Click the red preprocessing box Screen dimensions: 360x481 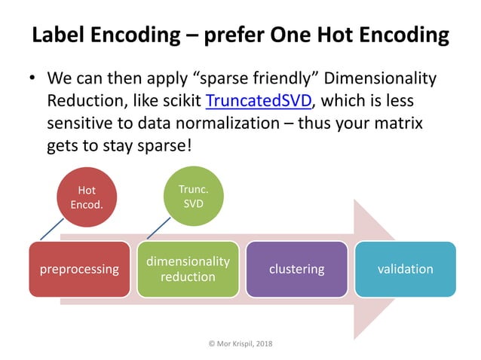pos(79,269)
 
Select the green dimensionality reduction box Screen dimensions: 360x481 pos(188,269)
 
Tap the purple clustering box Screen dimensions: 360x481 pos(297,269)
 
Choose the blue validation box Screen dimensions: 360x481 pos(406,269)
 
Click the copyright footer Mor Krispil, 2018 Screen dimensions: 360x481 pos(240,343)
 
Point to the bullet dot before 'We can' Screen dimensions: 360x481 pos(32,79)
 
